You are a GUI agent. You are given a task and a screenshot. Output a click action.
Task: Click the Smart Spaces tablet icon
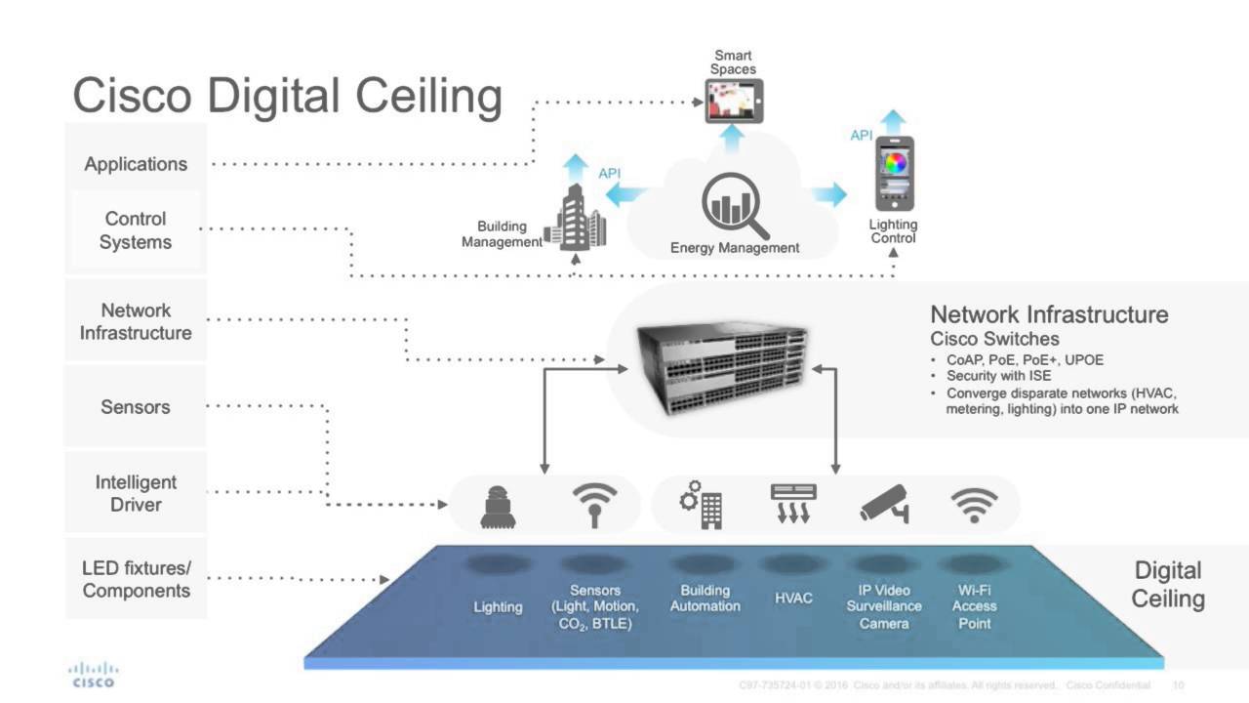[x=734, y=102]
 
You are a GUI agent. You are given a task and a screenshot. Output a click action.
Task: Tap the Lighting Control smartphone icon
[x=894, y=174]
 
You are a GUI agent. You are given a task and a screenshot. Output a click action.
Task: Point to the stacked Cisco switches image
[x=722, y=368]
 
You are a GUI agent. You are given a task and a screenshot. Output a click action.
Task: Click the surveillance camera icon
[x=884, y=503]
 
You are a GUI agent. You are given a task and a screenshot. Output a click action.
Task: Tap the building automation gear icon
[x=703, y=504]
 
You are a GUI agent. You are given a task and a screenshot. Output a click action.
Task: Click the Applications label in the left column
[x=136, y=164]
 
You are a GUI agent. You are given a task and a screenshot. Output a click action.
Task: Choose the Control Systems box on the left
[x=136, y=231]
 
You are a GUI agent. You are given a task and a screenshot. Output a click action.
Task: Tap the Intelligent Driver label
[x=136, y=493]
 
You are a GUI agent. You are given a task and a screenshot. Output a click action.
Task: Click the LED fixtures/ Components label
[x=136, y=579]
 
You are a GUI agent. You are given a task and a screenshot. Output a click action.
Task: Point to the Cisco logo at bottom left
[x=93, y=674]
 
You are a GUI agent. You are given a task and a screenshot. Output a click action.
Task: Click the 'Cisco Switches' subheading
[x=994, y=340]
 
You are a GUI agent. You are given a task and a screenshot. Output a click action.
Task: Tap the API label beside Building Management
[x=609, y=174]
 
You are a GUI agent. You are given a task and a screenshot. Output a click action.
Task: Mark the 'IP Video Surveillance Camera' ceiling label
[x=884, y=606]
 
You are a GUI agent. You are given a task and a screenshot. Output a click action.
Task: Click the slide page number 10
[x=1178, y=685]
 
